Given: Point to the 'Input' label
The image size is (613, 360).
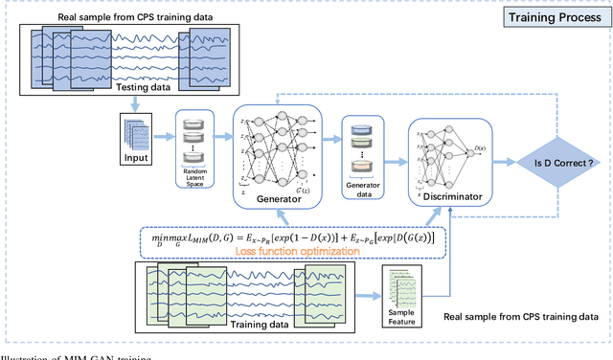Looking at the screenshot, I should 138,156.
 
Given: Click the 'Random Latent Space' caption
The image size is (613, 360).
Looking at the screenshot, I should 195,178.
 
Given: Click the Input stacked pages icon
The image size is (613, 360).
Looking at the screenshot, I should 137,131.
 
